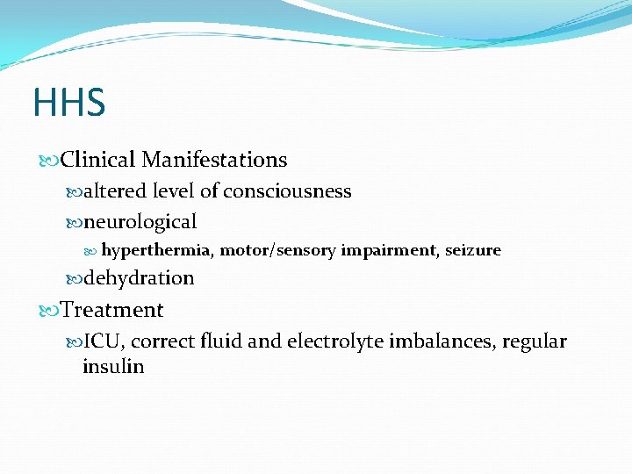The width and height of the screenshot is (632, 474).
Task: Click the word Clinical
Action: [98, 160]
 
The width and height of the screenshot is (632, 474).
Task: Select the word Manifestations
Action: [214, 160]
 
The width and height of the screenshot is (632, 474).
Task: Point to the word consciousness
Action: [287, 191]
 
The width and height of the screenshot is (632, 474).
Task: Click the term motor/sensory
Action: [277, 250]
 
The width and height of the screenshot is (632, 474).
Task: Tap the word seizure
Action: [473, 250]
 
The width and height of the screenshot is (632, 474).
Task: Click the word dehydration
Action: [139, 278]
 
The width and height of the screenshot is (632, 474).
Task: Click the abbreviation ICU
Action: [103, 341]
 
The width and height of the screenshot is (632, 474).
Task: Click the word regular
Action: [534, 341]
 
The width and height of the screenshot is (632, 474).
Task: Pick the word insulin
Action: [112, 366]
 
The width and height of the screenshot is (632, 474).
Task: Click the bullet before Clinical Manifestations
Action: [51, 161]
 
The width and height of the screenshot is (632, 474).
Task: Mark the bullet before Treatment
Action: [51, 311]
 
